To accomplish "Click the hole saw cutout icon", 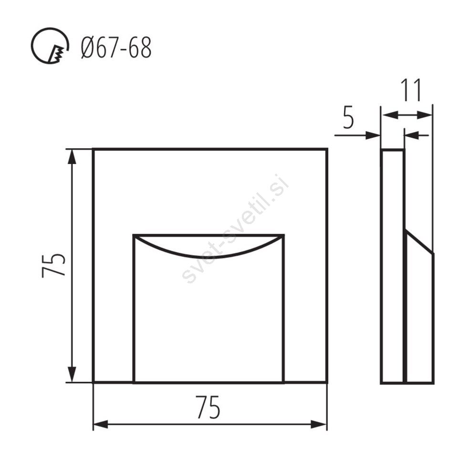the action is [x=50, y=46].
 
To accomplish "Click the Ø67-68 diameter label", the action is [x=116, y=48].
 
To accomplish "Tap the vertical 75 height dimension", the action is [x=53, y=266].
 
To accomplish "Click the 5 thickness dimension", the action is [x=348, y=118].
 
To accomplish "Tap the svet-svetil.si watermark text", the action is [x=236, y=228].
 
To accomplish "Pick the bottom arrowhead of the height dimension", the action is [x=72, y=374].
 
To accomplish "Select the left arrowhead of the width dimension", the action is [x=101, y=424].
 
